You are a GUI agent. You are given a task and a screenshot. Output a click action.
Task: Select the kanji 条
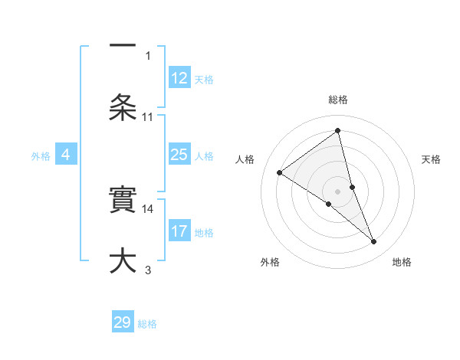point(123,106)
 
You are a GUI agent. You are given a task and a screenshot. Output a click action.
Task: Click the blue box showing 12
point(179,78)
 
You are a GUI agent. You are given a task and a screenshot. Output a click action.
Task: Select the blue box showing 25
point(179,155)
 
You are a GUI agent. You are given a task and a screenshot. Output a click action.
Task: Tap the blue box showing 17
point(179,231)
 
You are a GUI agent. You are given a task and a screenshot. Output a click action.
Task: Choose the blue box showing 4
point(66,155)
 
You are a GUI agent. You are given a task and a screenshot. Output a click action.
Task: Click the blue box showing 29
point(123,322)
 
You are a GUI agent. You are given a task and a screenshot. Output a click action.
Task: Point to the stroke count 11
point(148,117)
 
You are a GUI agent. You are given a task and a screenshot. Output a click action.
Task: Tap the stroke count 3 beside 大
point(148,270)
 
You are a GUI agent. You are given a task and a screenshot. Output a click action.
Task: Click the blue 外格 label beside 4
point(41,156)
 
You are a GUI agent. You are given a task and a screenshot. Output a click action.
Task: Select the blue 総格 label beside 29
point(148,324)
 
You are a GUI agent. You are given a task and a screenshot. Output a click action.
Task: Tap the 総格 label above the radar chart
point(338,100)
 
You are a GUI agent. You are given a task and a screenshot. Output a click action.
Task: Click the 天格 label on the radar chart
point(432,159)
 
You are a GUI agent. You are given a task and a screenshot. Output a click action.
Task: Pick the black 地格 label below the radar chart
point(402,262)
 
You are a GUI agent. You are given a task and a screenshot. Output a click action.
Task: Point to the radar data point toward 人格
point(280,172)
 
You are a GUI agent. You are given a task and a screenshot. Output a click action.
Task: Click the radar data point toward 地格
point(373,241)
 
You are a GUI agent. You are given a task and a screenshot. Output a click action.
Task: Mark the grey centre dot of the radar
point(337,191)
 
